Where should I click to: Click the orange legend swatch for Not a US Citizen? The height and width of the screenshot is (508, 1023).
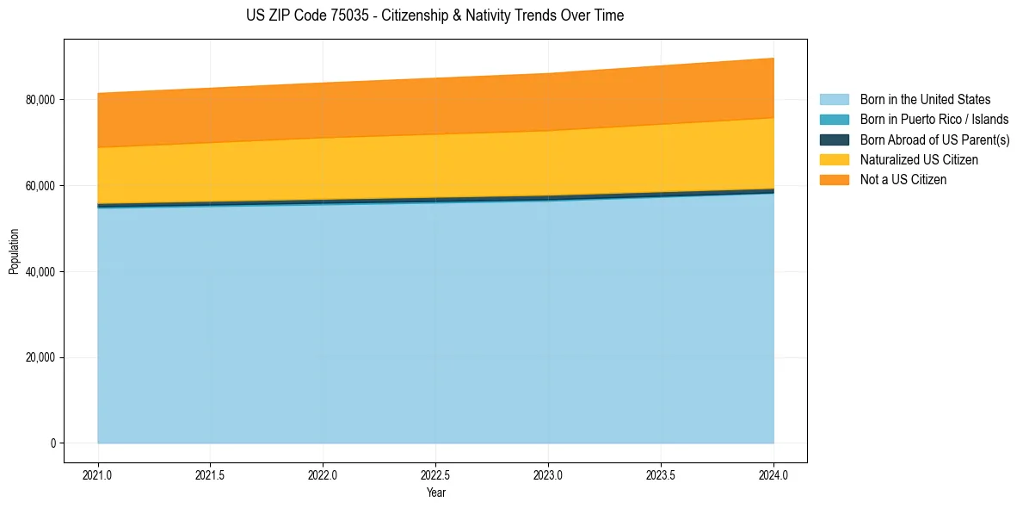pos(834,179)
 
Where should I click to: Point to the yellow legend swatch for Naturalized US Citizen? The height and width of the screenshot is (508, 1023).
pos(834,159)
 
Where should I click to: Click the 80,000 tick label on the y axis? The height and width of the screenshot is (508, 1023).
pos(40,100)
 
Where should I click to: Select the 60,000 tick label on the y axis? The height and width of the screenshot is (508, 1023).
pos(40,186)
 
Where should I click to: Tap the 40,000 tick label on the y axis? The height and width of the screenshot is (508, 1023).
pos(40,272)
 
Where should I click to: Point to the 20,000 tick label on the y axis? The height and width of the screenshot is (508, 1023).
pos(40,357)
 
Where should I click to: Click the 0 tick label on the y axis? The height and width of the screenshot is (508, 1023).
pos(52,443)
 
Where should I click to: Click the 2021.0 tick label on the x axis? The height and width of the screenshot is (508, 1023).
pos(98,474)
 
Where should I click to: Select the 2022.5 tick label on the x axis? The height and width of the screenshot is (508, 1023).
pos(435,474)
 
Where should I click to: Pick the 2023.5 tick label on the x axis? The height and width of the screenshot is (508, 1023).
pos(661,474)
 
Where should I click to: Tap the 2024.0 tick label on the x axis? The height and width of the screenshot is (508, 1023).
pos(773,474)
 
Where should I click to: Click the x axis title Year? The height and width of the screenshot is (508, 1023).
pos(435,493)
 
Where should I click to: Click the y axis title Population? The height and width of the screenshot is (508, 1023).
pos(14,251)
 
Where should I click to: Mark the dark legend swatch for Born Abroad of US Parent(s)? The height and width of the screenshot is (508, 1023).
pos(834,139)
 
